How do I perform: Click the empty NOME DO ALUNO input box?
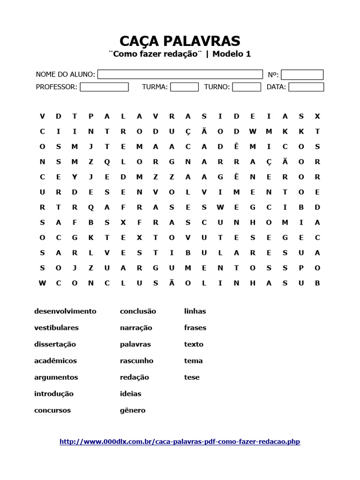[180, 75]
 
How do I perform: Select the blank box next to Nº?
[302, 75]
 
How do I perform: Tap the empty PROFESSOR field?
[104, 87]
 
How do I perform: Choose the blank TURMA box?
[184, 87]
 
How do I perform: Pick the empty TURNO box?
[247, 87]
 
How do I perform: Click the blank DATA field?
[306, 87]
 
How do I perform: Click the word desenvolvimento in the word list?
[65, 311]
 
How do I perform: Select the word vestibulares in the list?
[56, 328]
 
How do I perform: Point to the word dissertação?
[55, 344]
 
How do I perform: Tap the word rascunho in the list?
[136, 360]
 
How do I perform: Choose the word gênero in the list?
[133, 410]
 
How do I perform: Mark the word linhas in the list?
[195, 311]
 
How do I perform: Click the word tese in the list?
[192, 377]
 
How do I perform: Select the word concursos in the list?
[52, 410]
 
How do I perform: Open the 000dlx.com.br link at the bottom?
[180, 442]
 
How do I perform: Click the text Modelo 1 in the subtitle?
[232, 54]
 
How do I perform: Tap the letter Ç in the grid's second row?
[188, 131]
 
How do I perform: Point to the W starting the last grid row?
[42, 283]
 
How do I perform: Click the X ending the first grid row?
[317, 116]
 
